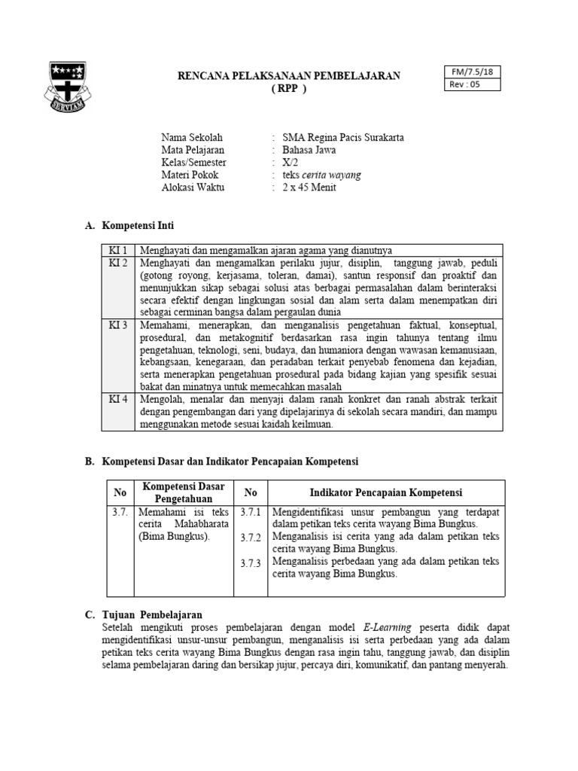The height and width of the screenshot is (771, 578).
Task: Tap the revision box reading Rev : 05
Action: (464, 84)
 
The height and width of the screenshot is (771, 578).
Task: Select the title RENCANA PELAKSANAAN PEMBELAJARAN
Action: (289, 76)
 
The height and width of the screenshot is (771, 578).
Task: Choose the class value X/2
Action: (290, 163)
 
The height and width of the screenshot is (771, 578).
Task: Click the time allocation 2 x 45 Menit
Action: (309, 187)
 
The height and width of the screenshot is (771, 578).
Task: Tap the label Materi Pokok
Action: (190, 175)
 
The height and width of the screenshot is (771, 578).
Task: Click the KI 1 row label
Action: (118, 250)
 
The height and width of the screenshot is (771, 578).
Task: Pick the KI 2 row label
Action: (118, 263)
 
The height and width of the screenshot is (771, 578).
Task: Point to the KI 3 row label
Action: (118, 325)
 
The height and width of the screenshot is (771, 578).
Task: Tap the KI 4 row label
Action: (118, 398)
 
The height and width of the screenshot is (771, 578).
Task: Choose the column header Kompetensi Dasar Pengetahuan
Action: (184, 492)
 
